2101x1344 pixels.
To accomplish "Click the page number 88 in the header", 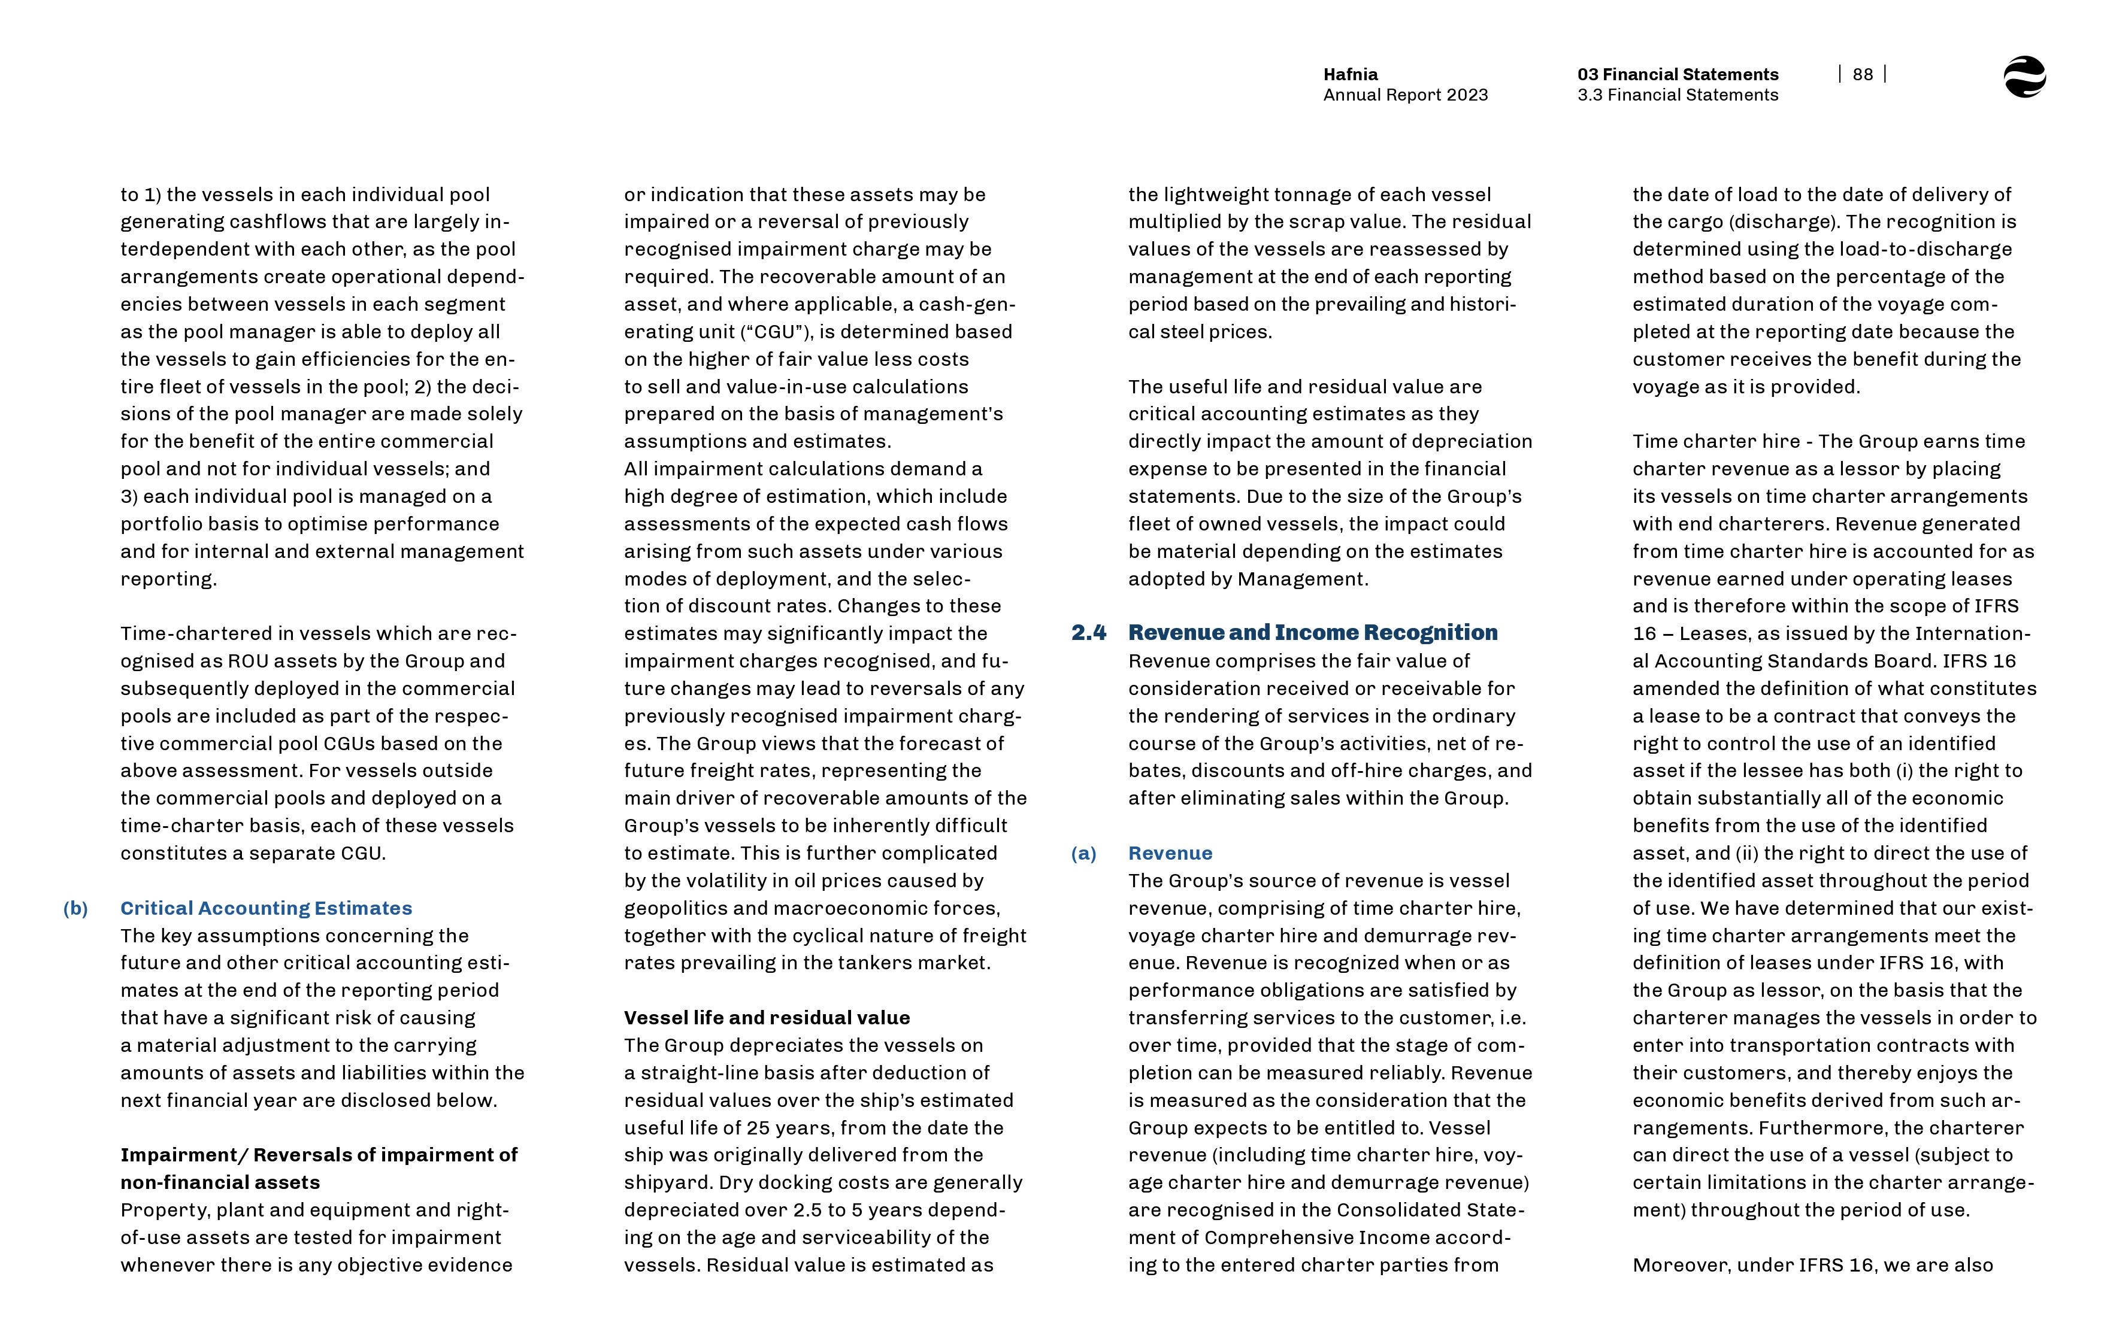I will (x=1862, y=74).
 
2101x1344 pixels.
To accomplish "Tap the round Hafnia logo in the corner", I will (x=2024, y=77).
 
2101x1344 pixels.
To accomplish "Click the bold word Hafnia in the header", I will (x=1351, y=74).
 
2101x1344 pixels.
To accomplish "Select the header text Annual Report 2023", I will (x=1405, y=95).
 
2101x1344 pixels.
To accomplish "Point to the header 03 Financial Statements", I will (x=1677, y=74).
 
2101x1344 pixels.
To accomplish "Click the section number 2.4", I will (x=1088, y=633).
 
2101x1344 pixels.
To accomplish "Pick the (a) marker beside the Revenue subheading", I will (x=1083, y=854).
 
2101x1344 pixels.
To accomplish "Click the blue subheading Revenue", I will (x=1170, y=854).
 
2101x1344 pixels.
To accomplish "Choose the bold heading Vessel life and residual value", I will (x=767, y=1018).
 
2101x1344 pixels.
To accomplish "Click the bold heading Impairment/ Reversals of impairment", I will (x=319, y=1155).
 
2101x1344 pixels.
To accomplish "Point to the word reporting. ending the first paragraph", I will (x=168, y=580).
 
